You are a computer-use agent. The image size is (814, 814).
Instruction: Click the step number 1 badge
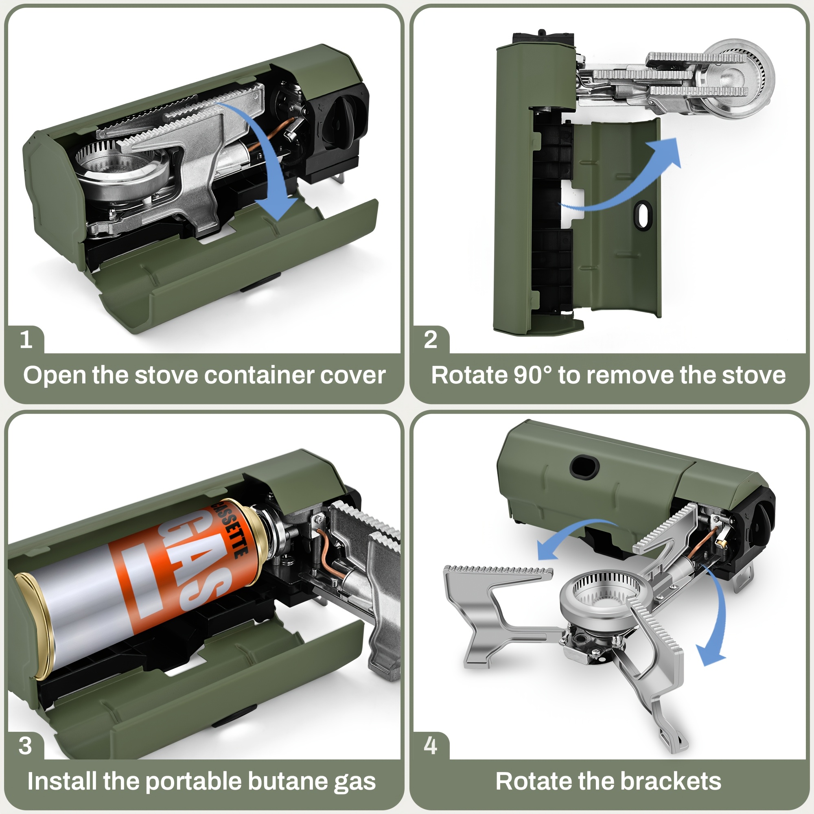26,339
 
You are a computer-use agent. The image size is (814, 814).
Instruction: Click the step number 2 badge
430,339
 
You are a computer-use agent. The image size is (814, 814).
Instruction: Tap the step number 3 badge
25,745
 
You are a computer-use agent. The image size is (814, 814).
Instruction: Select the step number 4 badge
430,745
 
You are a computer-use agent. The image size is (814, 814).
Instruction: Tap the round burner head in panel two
740,78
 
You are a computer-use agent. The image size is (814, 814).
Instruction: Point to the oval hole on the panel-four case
584,466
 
